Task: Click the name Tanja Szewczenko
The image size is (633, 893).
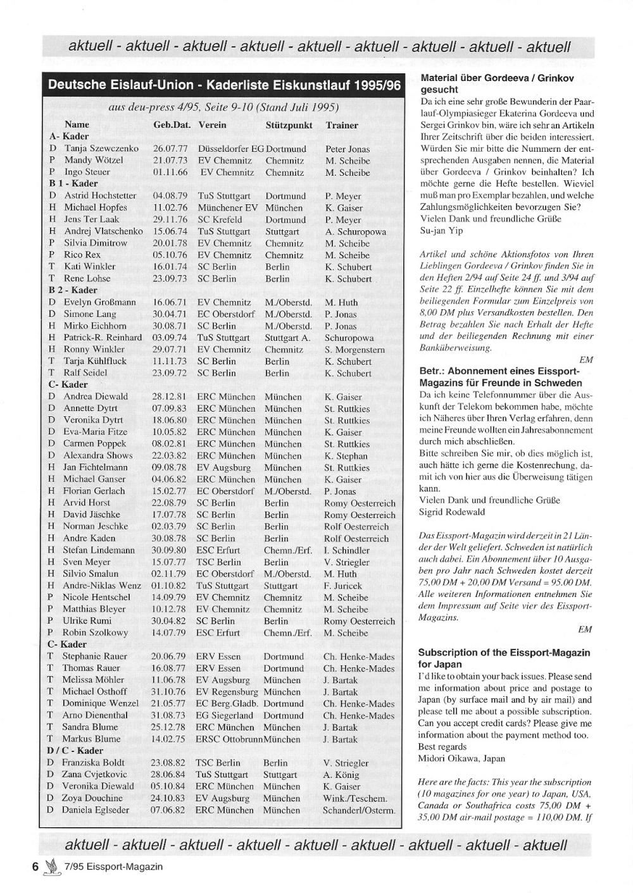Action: click(101, 149)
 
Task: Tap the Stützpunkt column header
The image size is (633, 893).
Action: click(289, 125)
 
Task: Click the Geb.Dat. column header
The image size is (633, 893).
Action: click(172, 125)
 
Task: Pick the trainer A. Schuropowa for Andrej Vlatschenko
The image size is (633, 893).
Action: click(355, 231)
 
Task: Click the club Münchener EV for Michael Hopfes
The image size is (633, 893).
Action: click(227, 207)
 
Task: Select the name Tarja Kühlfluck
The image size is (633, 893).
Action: click(95, 361)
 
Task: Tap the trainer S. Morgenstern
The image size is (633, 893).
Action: click(354, 350)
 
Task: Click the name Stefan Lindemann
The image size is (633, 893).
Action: click(98, 550)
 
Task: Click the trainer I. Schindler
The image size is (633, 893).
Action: click(346, 550)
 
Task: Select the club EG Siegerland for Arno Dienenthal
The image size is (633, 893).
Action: click(224, 715)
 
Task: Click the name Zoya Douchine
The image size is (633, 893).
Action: click(92, 798)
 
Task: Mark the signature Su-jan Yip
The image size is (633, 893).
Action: click(441, 231)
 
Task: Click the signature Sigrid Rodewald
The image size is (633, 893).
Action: click(452, 512)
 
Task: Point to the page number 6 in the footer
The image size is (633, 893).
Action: click(36, 866)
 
